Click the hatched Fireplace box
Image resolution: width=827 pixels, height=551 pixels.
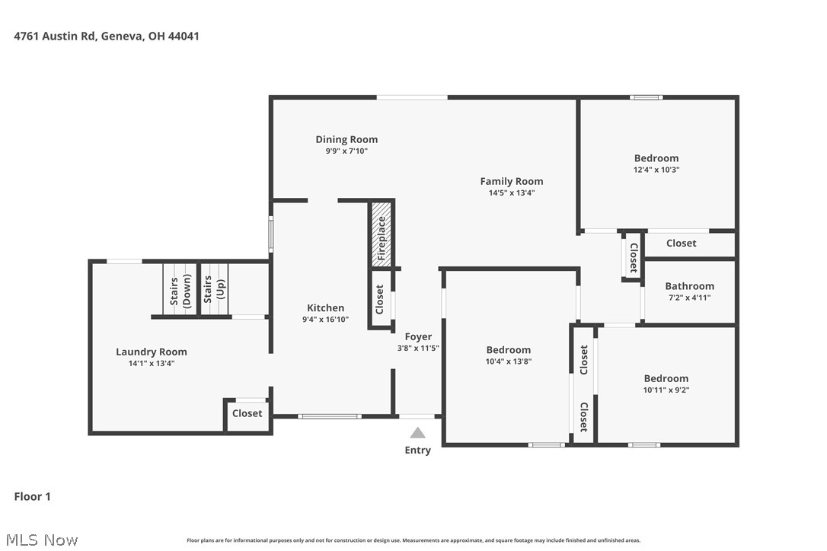pyautogui.click(x=382, y=234)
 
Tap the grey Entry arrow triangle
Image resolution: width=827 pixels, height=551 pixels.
pyautogui.click(x=417, y=433)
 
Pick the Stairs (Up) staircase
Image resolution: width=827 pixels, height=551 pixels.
pyautogui.click(x=213, y=289)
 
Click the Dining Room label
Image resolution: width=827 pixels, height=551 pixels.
pyautogui.click(x=346, y=139)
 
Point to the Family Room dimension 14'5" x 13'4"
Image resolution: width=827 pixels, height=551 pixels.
pyautogui.click(x=511, y=193)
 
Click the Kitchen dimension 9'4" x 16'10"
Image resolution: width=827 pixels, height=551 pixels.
pyautogui.click(x=325, y=320)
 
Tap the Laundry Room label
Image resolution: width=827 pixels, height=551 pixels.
pyautogui.click(x=151, y=352)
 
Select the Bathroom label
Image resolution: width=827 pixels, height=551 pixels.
pyautogui.click(x=689, y=286)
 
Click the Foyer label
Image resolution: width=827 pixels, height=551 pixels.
pyautogui.click(x=418, y=336)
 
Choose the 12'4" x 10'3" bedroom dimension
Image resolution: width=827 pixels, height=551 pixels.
pyautogui.click(x=656, y=170)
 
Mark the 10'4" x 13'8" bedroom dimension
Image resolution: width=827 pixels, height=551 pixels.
pyautogui.click(x=508, y=361)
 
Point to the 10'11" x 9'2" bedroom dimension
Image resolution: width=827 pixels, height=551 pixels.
pyautogui.click(x=666, y=390)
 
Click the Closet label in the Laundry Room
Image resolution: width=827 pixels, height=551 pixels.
pyautogui.click(x=247, y=413)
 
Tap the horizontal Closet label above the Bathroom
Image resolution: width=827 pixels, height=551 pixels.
pyautogui.click(x=681, y=244)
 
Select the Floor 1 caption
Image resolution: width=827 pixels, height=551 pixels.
pyautogui.click(x=33, y=497)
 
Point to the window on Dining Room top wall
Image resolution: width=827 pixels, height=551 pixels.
pyautogui.click(x=412, y=97)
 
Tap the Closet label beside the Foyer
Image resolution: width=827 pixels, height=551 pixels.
pyautogui.click(x=380, y=300)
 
